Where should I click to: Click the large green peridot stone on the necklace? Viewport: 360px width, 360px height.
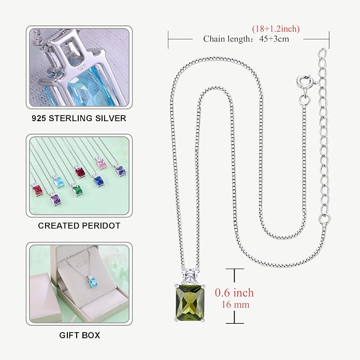(x=190, y=303)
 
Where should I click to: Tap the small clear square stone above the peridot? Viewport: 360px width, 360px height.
(x=190, y=276)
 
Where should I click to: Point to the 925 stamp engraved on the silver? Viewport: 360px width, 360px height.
(x=82, y=67)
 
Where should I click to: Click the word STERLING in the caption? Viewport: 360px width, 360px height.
(x=71, y=118)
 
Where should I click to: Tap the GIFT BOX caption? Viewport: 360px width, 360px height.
(x=80, y=335)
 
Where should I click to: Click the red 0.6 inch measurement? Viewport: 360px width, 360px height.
(x=235, y=293)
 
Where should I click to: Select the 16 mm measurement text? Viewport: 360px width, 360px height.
(x=235, y=305)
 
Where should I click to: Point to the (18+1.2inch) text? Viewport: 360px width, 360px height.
(x=276, y=29)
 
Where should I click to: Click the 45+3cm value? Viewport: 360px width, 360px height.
(x=274, y=39)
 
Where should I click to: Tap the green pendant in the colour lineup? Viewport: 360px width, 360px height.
(x=77, y=190)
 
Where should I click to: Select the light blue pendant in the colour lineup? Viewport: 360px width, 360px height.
(x=59, y=182)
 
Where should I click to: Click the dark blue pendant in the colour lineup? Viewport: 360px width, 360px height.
(x=98, y=180)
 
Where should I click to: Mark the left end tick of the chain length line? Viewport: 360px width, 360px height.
(x=168, y=40)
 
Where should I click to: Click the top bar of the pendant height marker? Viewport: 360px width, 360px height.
(x=235, y=269)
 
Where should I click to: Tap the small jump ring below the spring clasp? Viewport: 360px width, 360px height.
(x=304, y=99)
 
